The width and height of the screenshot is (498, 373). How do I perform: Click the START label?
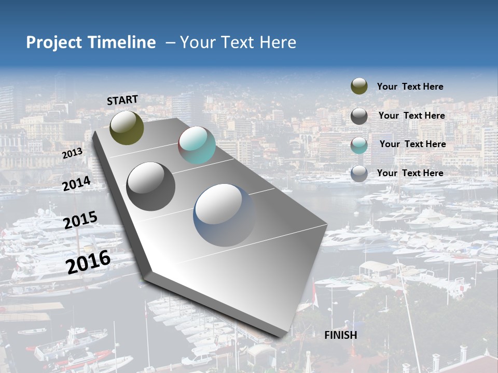(122, 100)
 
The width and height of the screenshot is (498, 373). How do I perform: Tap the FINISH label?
(340, 335)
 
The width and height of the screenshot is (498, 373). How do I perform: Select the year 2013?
(72, 153)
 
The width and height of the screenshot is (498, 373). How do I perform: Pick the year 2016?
(88, 262)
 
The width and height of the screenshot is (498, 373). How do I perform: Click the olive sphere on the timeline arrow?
(127, 127)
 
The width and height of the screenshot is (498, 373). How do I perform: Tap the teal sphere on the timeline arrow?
(197, 145)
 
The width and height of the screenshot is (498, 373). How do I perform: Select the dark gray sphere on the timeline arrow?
(150, 187)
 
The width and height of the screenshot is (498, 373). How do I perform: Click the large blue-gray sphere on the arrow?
(225, 215)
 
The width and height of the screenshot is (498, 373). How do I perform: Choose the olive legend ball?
(359, 87)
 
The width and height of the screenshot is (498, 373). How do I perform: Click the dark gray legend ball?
(359, 116)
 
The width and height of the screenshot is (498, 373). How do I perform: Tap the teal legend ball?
(359, 145)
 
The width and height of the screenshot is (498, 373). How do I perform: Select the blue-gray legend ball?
(359, 174)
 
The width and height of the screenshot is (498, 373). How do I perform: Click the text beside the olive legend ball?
(410, 87)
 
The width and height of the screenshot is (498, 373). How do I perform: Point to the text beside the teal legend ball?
(412, 144)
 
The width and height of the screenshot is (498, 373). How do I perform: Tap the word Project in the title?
(53, 42)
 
